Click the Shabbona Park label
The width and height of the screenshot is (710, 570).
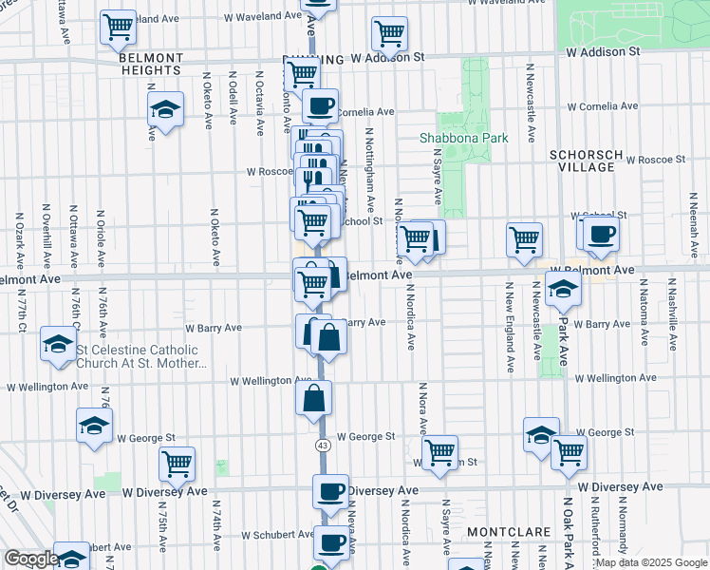464,138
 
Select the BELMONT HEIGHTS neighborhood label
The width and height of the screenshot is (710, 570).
151,64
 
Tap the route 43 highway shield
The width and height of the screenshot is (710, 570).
323,445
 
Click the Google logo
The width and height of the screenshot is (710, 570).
31,559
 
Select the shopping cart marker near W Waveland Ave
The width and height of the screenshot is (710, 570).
119,28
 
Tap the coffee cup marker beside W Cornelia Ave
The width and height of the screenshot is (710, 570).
320,104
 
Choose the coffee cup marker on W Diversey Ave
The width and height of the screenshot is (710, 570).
331,491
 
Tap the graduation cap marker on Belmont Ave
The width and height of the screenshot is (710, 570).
563,290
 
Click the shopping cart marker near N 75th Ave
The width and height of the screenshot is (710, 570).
177,464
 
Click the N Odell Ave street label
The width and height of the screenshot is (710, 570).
233,98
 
